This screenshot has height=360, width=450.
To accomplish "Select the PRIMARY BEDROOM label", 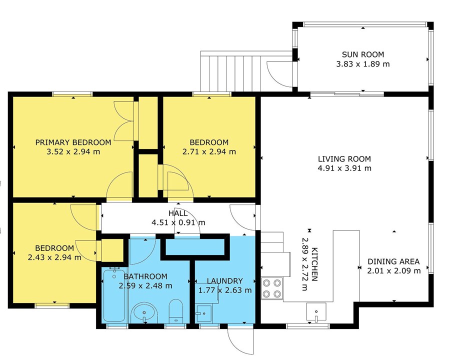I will pos(73,142).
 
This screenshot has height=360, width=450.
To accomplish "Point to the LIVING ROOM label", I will pos(344,159).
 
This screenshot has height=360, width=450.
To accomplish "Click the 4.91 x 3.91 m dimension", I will pos(344,168).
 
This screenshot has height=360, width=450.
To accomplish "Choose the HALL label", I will pos(178,213).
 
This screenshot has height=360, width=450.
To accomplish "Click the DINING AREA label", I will pos(393,261).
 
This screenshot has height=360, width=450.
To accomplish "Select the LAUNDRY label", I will pos(224,281).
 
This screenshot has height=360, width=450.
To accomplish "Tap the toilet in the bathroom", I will pos(176,311).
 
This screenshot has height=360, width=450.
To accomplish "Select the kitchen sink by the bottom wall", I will pos(316,312).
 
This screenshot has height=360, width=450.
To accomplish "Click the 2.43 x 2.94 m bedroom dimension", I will pos(54,257).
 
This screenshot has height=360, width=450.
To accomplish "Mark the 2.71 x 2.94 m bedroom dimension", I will pos(209,151).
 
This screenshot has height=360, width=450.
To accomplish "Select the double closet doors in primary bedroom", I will pos(123,120).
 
